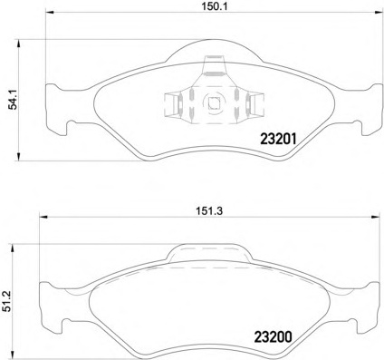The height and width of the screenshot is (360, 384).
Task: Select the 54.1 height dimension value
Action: (14, 100)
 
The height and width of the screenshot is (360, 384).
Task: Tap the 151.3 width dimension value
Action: (209, 211)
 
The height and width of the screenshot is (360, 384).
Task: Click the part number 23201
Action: (279, 139)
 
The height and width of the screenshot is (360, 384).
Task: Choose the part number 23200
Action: (274, 337)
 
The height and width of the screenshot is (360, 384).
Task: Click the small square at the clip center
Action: (214, 104)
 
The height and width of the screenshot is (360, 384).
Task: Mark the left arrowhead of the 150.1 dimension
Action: (49, 13)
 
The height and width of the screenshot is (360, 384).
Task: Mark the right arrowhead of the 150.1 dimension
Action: (379, 13)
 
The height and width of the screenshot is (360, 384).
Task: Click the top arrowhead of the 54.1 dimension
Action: (19, 44)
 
